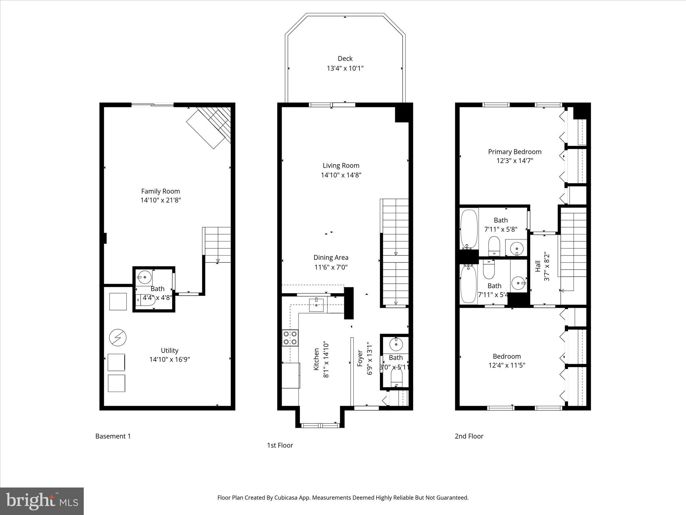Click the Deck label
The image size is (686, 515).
pos(345,59)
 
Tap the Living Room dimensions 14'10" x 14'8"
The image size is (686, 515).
pos(341,175)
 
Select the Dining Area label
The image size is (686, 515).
pos(331,257)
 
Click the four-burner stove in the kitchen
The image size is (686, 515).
pos(290,338)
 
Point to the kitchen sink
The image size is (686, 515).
pos(316,304)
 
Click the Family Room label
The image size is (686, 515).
pos(160,191)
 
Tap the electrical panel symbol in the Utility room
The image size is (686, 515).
pos(118,338)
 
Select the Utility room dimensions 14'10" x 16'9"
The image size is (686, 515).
pos(169,359)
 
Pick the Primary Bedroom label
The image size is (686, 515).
pos(514,152)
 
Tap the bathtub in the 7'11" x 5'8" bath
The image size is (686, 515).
pos(469,229)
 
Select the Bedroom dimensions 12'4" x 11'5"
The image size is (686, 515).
pos(506,365)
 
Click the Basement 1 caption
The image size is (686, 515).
pos(113,436)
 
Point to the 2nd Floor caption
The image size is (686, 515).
pos(469,436)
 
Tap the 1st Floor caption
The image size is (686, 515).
pos(280,445)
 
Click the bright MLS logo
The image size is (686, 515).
pos(42,501)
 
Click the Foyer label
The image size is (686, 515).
pos(360,358)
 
